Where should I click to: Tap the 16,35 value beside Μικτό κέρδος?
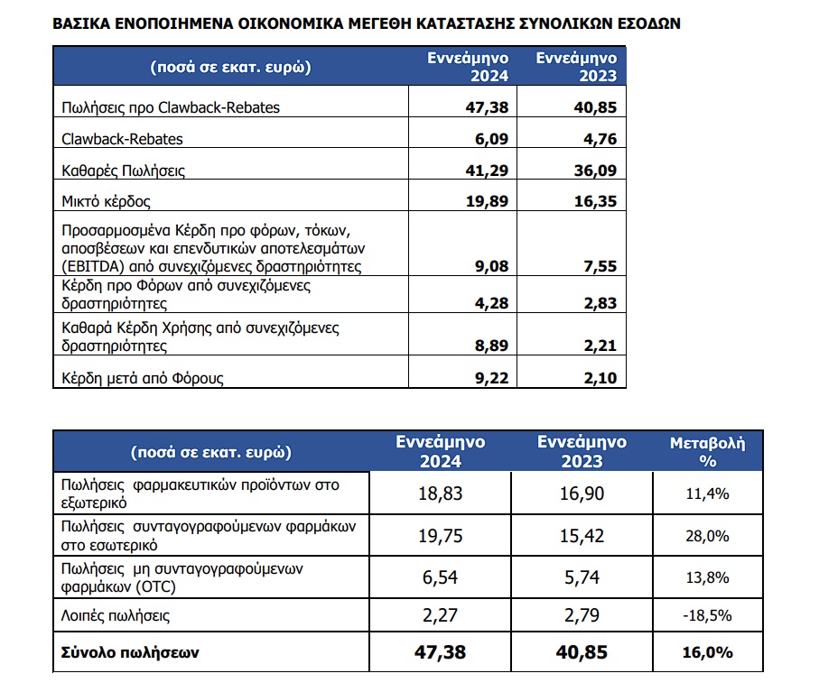tap(594, 200)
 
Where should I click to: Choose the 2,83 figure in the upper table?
tap(598, 303)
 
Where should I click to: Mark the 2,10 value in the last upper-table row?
tap(598, 378)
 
